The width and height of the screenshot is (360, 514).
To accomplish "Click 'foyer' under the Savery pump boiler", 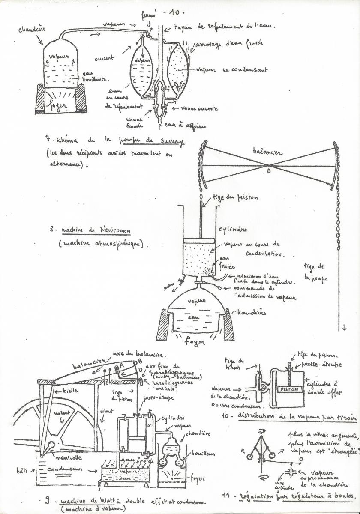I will (x=60, y=105).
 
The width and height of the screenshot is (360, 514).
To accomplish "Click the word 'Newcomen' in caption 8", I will (x=111, y=230).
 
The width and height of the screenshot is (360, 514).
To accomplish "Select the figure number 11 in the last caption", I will (x=228, y=496).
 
